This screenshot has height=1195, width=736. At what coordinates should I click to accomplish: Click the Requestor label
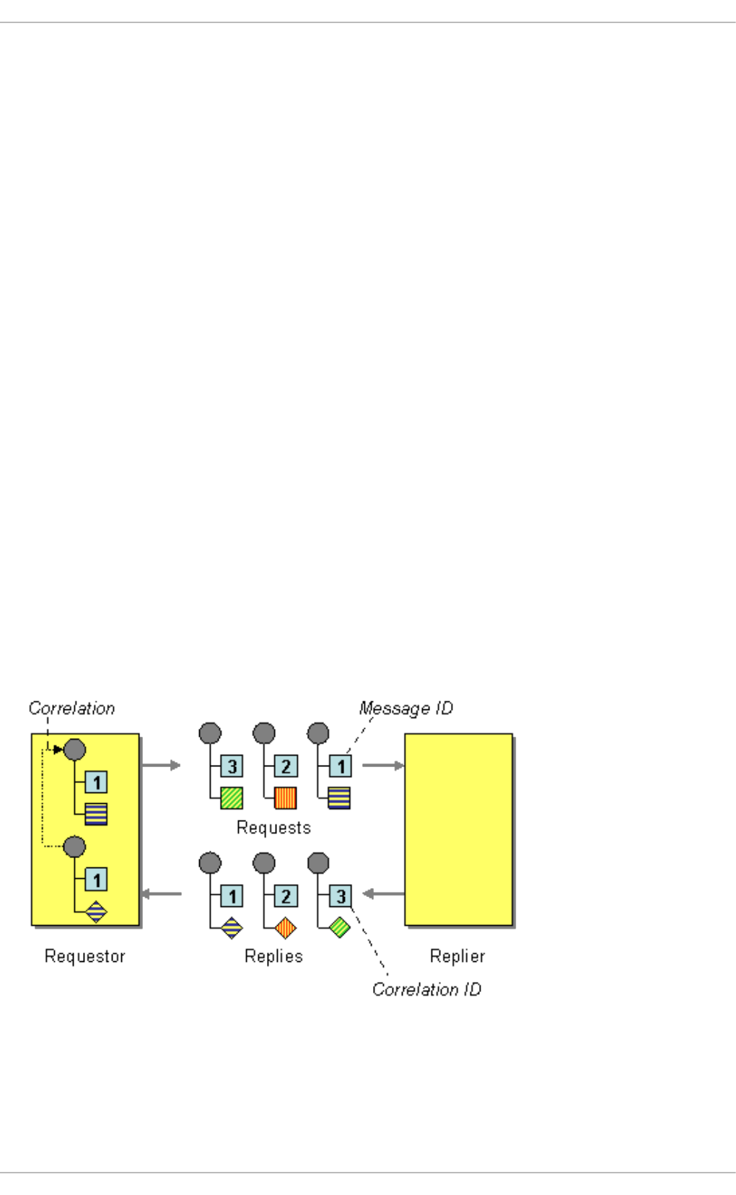tap(84, 956)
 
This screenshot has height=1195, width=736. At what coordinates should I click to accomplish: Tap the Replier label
tap(457, 956)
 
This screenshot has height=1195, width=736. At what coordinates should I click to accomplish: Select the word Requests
tap(273, 828)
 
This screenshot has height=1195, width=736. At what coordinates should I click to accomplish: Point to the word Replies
tap(273, 956)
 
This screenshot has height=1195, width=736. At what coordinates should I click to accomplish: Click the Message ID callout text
tap(406, 709)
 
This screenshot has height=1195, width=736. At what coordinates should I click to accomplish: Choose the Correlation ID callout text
tap(426, 989)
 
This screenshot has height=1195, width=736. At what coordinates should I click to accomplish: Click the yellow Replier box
tap(458, 830)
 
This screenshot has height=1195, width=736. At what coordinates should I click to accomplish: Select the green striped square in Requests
tap(232, 797)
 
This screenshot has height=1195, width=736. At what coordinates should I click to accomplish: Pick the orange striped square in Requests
tap(286, 797)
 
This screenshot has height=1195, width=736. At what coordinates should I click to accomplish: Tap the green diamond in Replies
tap(339, 927)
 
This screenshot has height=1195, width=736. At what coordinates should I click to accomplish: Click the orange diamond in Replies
tap(286, 927)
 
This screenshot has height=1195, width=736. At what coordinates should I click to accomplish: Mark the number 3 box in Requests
tap(232, 766)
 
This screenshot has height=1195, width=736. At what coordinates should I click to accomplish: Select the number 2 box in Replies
tap(286, 896)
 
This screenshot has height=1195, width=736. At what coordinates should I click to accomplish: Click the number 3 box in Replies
tap(341, 896)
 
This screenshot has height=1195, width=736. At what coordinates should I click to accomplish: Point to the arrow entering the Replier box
tap(383, 765)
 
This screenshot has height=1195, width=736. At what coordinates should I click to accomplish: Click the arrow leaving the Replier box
tap(383, 894)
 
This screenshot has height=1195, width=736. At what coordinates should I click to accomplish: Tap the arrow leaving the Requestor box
tap(161, 765)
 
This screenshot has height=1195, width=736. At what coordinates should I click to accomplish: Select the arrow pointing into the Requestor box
tap(161, 894)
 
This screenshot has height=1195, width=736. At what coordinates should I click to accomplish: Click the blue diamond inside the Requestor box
tap(96, 912)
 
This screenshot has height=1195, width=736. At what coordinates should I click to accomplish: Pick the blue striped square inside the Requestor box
tap(96, 814)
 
